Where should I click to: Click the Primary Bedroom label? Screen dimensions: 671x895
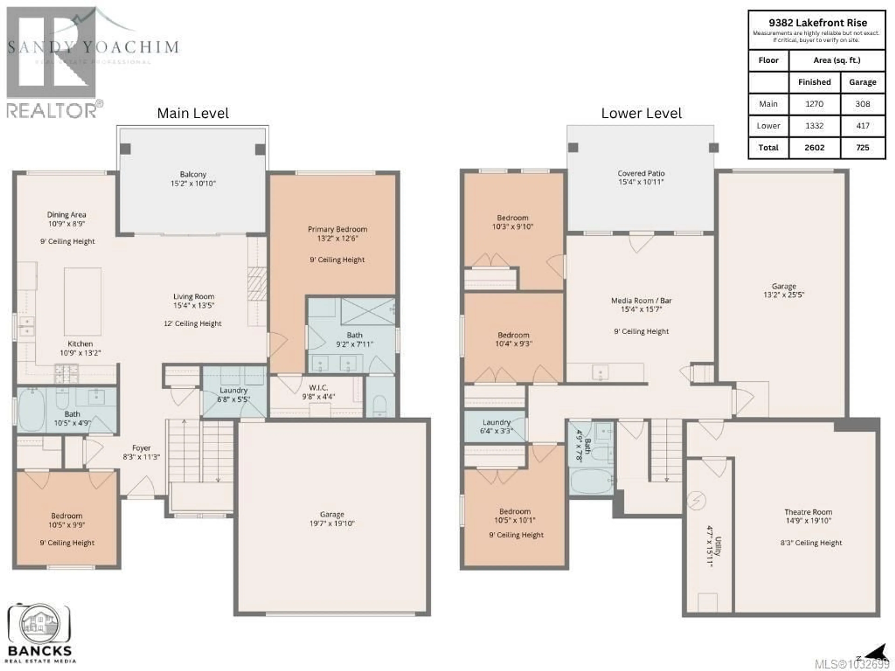[337, 229]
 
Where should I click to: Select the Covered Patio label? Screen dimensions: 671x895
[641, 173]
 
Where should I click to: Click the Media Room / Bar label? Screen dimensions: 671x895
[641, 301]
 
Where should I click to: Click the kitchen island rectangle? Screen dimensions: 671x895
[83, 301]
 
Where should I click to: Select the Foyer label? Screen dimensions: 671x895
[141, 448]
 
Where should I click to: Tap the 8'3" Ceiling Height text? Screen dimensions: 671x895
[811, 543]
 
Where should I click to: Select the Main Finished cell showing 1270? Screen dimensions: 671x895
[814, 104]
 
